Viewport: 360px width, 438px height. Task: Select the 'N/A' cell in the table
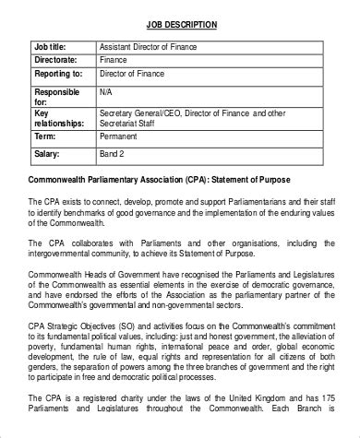107,93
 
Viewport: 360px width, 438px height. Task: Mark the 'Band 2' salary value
114,150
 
